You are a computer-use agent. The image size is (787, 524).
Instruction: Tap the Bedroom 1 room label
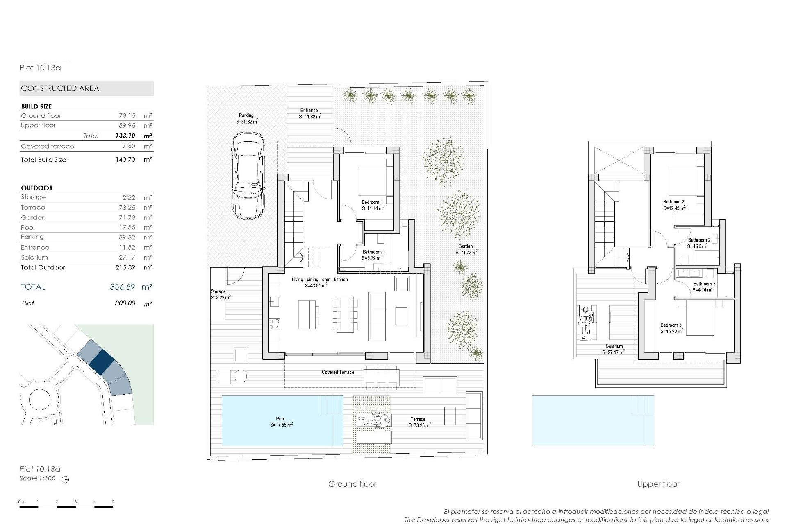point(372,202)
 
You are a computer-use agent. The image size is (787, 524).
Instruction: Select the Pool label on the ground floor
point(280,419)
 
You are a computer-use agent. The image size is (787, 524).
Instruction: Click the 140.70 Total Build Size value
point(125,160)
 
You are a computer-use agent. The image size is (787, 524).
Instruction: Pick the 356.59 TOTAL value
point(122,287)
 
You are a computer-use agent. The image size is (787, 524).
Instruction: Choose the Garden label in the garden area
point(466,246)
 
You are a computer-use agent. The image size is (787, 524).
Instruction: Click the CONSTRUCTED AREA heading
point(60,88)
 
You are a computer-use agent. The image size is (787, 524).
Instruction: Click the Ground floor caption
point(352,484)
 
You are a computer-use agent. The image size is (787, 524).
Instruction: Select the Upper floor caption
point(658,484)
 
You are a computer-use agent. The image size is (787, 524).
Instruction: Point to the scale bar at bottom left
point(66,507)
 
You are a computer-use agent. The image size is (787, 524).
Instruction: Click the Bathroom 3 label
point(704,284)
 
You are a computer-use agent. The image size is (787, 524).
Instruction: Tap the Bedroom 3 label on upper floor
point(671,325)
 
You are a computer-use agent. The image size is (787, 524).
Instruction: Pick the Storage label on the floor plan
point(218,291)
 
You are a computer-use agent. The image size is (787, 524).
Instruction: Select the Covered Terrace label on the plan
point(338,372)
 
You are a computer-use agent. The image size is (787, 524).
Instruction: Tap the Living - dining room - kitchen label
point(320,280)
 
